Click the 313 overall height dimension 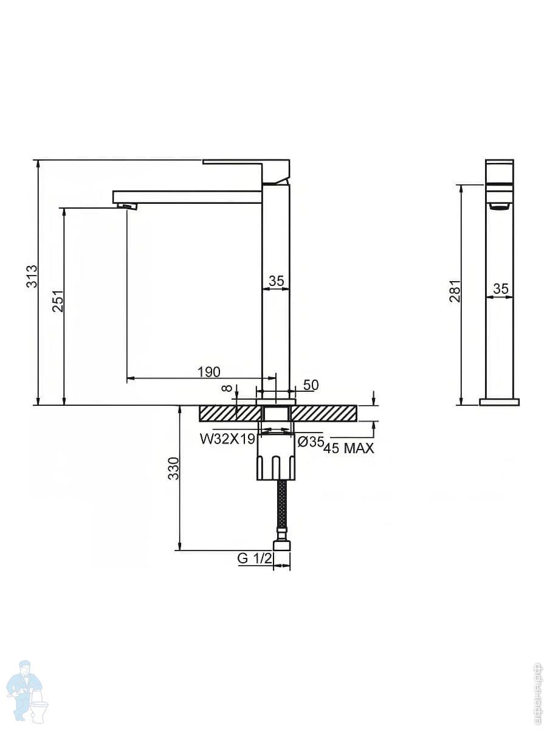[32, 276]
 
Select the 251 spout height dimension [58, 301]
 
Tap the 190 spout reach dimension [209, 372]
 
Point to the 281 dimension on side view [455, 291]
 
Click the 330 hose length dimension [173, 468]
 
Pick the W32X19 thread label [227, 439]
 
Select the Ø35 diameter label [311, 442]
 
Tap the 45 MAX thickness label [349, 448]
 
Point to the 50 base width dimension [311, 385]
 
